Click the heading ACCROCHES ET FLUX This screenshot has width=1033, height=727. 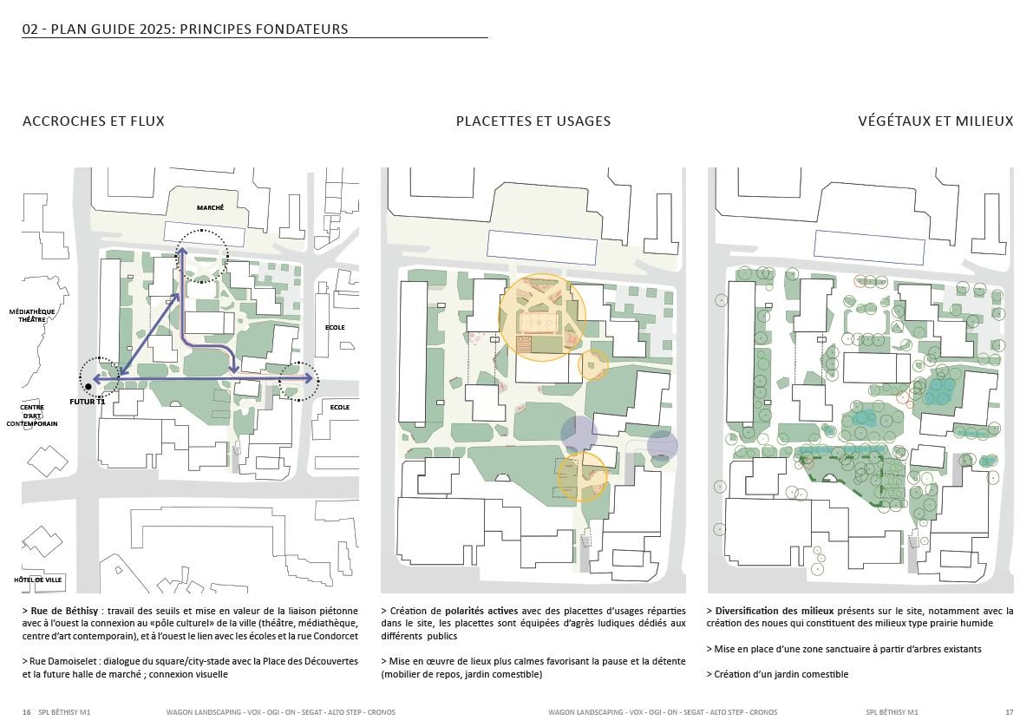coord(93,121)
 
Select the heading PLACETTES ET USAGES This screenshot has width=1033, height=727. coord(533,121)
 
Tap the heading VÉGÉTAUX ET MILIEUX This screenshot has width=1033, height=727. coord(935,121)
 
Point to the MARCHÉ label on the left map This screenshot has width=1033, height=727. coord(210,208)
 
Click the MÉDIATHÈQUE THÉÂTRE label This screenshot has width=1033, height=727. coord(32,315)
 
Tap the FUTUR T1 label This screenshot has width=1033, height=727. coord(88,402)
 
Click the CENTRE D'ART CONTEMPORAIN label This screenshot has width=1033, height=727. coord(32,416)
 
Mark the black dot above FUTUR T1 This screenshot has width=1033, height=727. coord(88,386)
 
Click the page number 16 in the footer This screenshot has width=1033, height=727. coord(26,712)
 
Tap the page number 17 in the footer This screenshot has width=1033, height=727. coord(1009,712)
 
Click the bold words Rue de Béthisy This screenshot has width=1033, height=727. coord(63,612)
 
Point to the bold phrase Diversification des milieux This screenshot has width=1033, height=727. coord(768,612)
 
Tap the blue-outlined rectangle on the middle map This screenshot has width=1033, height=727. coord(541,247)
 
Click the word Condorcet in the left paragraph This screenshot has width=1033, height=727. coord(334,637)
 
